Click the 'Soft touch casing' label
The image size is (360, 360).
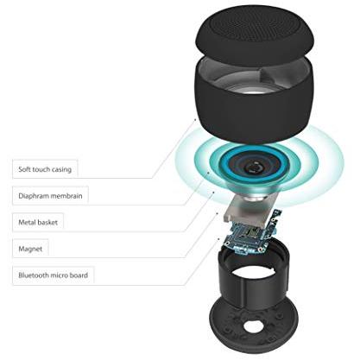[x=45, y=169]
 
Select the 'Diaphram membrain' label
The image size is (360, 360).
[x=50, y=196]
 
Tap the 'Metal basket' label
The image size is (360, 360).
[x=38, y=222]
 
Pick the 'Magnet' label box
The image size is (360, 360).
[x=30, y=249]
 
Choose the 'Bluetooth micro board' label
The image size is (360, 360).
[x=54, y=275]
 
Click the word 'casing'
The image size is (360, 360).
[x=61, y=169]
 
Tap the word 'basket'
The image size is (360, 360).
[x=48, y=222]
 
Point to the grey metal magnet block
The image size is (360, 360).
[x=248, y=210]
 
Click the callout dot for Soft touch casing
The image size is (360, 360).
[x=195, y=118]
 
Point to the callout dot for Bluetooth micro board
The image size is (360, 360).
[x=218, y=239]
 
